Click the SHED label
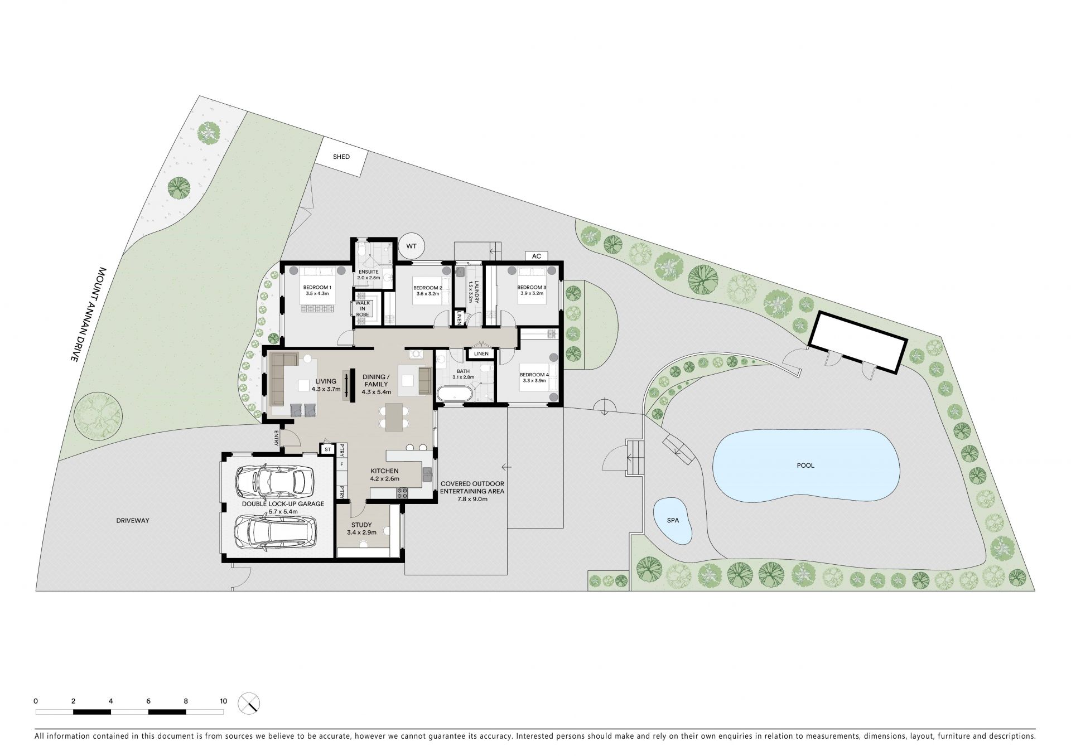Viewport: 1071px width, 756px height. click(x=341, y=157)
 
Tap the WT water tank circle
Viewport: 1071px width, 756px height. click(x=412, y=246)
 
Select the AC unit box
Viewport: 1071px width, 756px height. click(x=537, y=256)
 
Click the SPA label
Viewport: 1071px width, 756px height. click(x=673, y=520)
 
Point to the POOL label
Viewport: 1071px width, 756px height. click(x=805, y=465)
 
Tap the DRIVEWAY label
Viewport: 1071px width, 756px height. click(x=133, y=520)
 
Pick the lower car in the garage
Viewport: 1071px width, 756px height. click(x=275, y=533)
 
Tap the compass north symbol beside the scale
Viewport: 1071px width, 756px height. click(x=249, y=703)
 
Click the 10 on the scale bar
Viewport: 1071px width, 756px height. click(x=223, y=701)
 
